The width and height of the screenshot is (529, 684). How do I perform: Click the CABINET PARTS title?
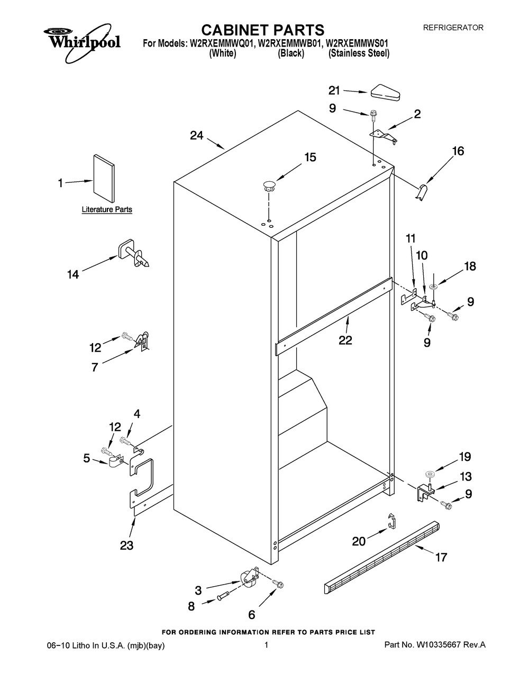pyautogui.click(x=263, y=29)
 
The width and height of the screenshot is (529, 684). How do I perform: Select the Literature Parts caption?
pyautogui.click(x=106, y=210)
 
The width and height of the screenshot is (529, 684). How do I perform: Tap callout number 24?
pyautogui.click(x=197, y=136)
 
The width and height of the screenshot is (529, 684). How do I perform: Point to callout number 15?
pyautogui.click(x=309, y=157)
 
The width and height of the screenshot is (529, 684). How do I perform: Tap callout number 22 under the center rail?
pyautogui.click(x=345, y=341)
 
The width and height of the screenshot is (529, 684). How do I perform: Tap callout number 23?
pyautogui.click(x=126, y=546)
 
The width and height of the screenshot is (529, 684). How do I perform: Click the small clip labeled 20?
pyautogui.click(x=390, y=520)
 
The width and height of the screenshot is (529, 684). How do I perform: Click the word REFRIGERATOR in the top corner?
pyautogui.click(x=453, y=27)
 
